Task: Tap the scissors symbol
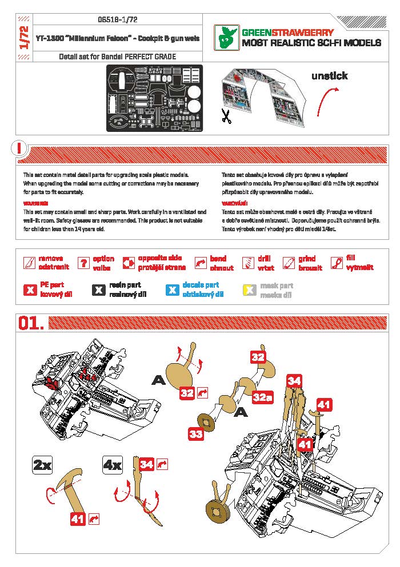coord(226,116)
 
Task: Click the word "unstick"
coord(329,76)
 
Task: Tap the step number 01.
coord(31,323)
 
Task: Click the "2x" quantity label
coord(42,465)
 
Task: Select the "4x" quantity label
coord(112,465)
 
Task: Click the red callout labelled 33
coord(196,433)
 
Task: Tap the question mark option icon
coord(84,263)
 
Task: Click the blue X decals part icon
coord(172,289)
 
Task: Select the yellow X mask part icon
coord(249,289)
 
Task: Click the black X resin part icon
coord(98,289)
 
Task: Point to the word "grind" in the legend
coord(307,259)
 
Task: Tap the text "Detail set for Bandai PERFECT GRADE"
coord(117,57)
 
